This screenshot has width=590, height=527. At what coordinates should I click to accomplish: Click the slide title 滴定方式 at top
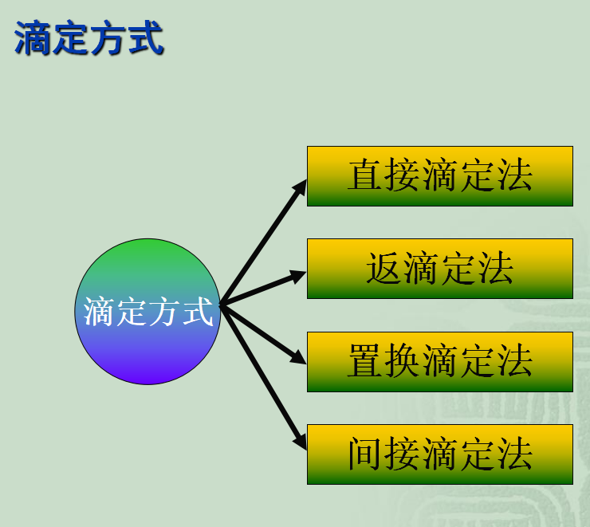(x=89, y=39)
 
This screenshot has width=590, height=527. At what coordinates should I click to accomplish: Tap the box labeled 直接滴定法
(x=439, y=176)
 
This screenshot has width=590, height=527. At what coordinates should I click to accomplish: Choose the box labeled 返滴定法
(x=439, y=269)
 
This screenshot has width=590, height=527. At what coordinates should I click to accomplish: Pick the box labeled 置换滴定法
(x=439, y=361)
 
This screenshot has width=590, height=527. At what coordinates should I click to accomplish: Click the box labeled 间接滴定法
(x=439, y=454)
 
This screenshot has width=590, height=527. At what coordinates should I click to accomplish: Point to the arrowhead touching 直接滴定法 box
(x=300, y=186)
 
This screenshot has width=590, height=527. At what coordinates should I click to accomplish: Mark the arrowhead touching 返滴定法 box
(x=298, y=276)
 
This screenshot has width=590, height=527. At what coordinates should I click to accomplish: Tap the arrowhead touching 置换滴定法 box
(x=298, y=357)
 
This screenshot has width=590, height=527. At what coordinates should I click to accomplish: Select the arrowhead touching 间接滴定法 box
(x=300, y=442)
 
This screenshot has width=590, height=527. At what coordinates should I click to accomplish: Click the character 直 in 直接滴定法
(x=365, y=176)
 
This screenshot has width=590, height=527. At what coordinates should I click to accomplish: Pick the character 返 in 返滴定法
(x=383, y=269)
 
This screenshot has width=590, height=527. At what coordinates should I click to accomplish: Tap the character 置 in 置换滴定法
(x=365, y=361)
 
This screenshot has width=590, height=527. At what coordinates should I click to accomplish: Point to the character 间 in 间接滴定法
(x=365, y=454)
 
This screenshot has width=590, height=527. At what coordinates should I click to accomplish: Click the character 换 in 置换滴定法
(x=403, y=361)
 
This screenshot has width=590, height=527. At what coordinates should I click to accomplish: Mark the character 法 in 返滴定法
(x=496, y=269)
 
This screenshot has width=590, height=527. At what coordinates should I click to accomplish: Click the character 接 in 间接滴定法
(x=403, y=454)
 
